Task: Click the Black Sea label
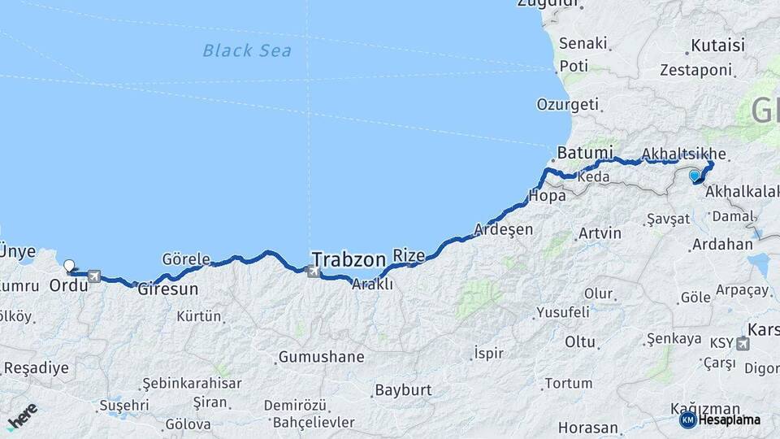coord(247,50)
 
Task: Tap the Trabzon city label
coord(349,259)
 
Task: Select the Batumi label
coord(585,153)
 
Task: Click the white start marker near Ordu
coord(69,265)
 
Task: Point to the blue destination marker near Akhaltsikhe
coord(695,175)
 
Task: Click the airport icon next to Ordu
coord(94,277)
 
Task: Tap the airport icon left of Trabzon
coord(313,270)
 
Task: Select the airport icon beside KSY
coord(742,344)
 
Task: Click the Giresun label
coord(168,288)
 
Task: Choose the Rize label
coord(409,256)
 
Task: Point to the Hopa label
coord(547,195)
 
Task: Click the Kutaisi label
coord(717,46)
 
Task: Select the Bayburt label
coord(403,390)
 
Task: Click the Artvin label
coord(600,233)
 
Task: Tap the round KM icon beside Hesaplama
coord(687,419)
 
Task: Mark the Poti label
coord(574,66)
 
